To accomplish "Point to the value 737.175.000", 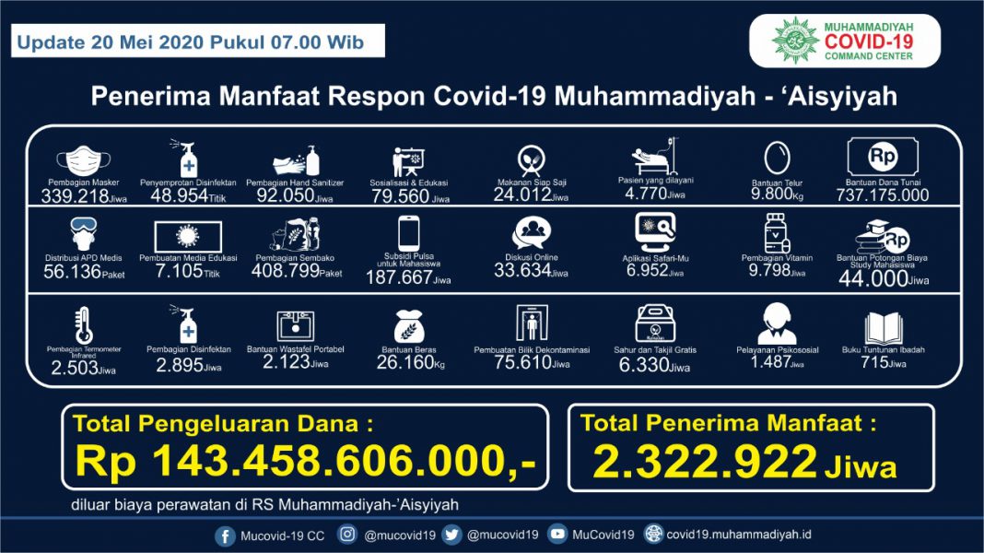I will pyautogui.click(x=882, y=195).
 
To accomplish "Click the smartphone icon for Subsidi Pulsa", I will pyautogui.click(x=408, y=233).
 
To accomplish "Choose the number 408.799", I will pyautogui.click(x=284, y=273).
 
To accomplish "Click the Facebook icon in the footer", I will pyautogui.click(x=225, y=535).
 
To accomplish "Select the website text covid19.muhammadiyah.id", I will pyautogui.click(x=739, y=535).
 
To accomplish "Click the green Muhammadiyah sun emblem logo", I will pyautogui.click(x=795, y=41).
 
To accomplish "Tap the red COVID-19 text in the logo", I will pyautogui.click(x=869, y=41).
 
